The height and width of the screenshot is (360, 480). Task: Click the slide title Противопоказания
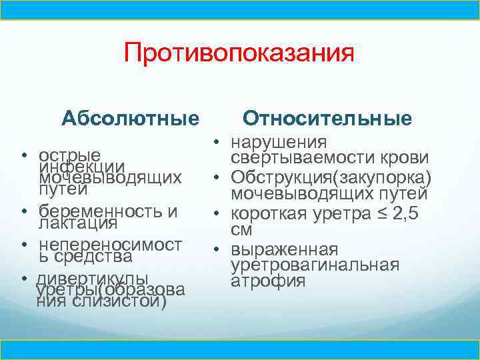pyautogui.click(x=238, y=53)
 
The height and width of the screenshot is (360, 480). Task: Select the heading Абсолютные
pyautogui.click(x=130, y=119)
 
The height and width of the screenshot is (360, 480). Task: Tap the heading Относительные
pyautogui.click(x=327, y=118)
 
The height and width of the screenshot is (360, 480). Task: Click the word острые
pyautogui.click(x=70, y=153)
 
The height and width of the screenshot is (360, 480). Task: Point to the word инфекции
pyautogui.click(x=82, y=166)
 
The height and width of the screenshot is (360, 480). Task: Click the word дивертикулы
pyautogui.click(x=93, y=278)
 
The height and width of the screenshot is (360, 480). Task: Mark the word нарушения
pyautogui.click(x=279, y=142)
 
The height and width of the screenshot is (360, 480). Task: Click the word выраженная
pyautogui.click(x=285, y=249)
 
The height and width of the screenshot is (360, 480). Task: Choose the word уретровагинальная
pyautogui.click(x=315, y=265)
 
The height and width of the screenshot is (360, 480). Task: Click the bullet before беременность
pyautogui.click(x=23, y=211)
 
